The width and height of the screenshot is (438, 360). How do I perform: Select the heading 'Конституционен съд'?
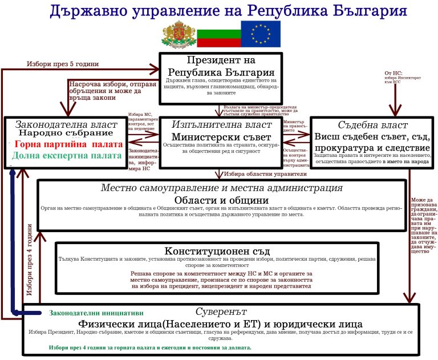(x=216, y=251)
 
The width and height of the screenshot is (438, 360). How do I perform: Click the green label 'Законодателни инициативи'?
(x=96, y=313)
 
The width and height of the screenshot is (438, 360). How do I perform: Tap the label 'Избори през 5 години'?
(x=63, y=63)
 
